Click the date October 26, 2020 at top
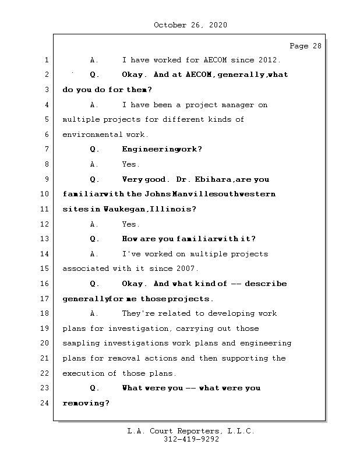[190, 25]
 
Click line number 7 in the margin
[45, 149]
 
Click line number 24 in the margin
[45, 403]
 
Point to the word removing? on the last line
[86, 403]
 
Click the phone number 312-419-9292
[191, 440]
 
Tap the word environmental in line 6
[90, 135]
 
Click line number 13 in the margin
[45, 239]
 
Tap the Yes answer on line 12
[130, 224]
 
